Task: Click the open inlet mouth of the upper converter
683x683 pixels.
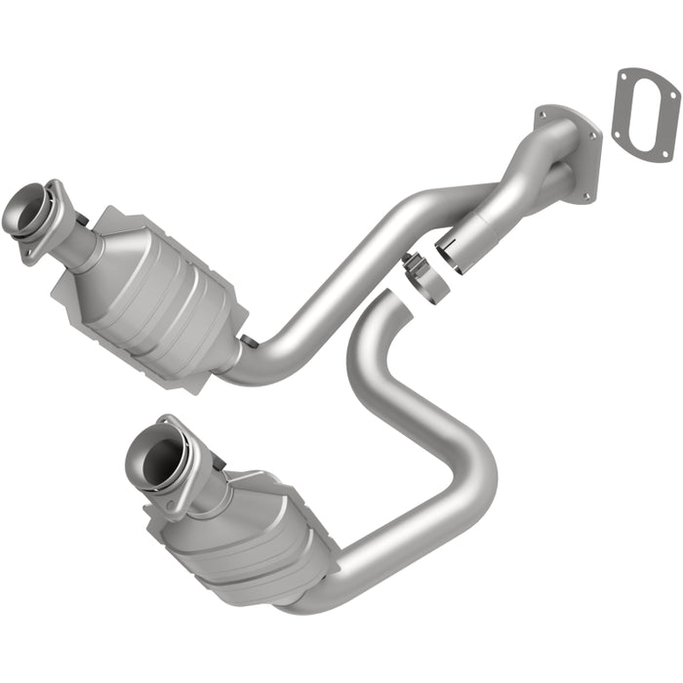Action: click(x=20, y=208)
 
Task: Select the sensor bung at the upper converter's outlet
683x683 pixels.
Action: click(x=250, y=341)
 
